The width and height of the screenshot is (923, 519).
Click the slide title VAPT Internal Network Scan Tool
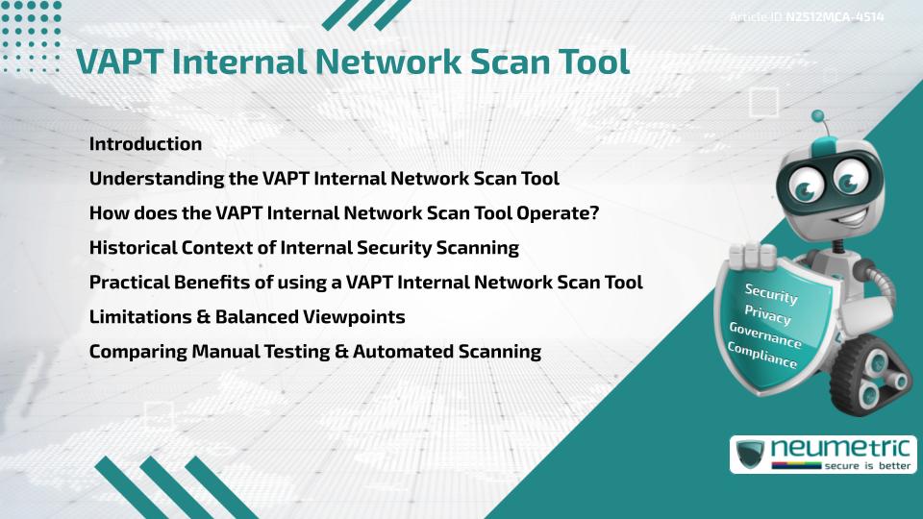tap(353, 62)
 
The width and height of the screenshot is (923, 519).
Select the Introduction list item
tap(145, 144)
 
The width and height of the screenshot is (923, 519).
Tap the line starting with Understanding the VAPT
tap(324, 179)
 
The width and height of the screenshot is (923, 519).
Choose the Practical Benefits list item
tap(365, 283)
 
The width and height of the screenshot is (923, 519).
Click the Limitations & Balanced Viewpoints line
tap(247, 317)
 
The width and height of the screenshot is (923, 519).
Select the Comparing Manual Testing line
tap(314, 352)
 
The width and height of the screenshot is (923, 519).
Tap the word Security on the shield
tap(771, 294)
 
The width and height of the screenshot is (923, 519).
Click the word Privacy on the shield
tap(768, 315)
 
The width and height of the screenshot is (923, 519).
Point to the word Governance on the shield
tap(765, 335)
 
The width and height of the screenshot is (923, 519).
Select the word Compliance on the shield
tap(762, 356)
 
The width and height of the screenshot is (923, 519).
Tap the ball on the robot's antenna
tap(818, 116)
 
